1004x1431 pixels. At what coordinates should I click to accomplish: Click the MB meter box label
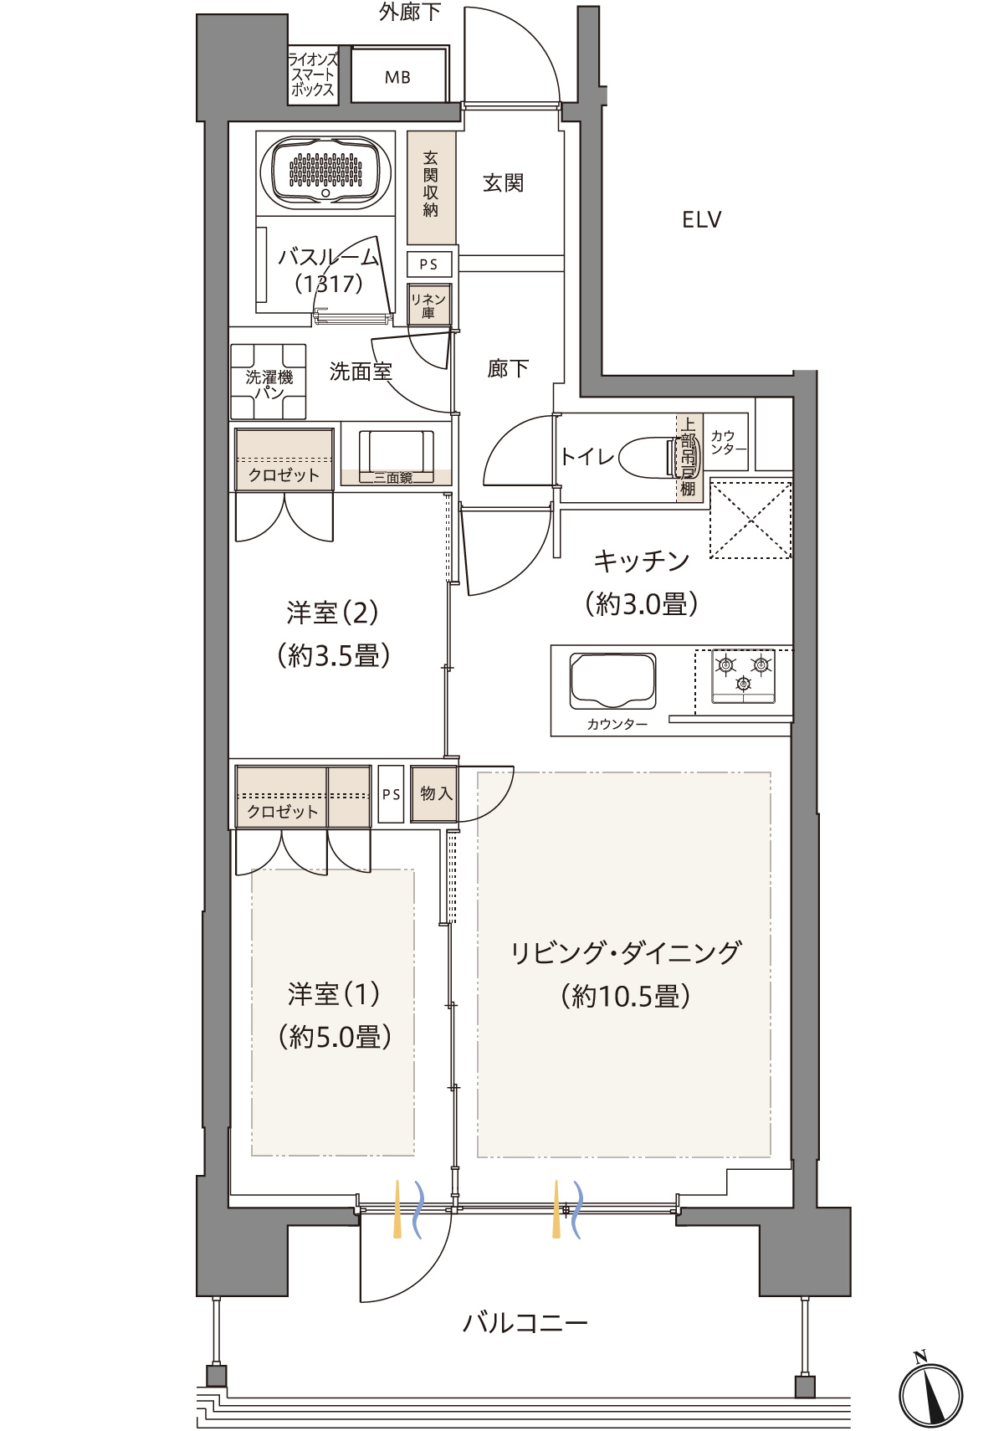[x=397, y=77]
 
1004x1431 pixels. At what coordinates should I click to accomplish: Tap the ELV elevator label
[x=701, y=220]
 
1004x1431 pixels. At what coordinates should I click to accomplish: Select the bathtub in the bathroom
[x=325, y=172]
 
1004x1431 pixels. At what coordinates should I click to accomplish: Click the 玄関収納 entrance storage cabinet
[x=431, y=187]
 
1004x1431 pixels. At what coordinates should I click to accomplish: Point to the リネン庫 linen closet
[x=429, y=305]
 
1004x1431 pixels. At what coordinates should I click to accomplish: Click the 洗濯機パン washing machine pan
[x=269, y=382]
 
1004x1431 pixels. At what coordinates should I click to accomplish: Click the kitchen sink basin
[x=612, y=680]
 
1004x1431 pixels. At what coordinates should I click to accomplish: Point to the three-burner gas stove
[x=743, y=675]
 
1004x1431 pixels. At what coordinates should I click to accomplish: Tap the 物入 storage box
[x=434, y=793]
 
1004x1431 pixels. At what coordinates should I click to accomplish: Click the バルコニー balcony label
[x=525, y=1322]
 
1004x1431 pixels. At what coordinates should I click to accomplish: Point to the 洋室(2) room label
[x=332, y=613]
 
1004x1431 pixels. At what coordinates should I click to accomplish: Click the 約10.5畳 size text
[x=625, y=996]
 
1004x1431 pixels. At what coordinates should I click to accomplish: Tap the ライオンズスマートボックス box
[x=312, y=74]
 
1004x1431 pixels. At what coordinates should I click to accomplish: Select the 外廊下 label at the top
[x=409, y=12]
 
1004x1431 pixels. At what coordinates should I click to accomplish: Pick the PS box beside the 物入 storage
[x=391, y=794]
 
